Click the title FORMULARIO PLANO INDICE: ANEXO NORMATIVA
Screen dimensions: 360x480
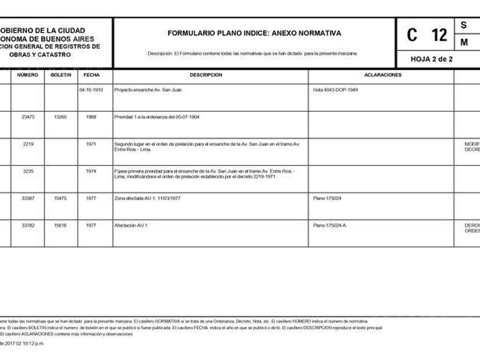pyautogui.click(x=254, y=33)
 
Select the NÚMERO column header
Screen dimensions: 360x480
pyautogui.click(x=27, y=75)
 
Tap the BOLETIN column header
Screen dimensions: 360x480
pyautogui.click(x=61, y=75)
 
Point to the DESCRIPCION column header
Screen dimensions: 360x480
pyautogui.click(x=210, y=75)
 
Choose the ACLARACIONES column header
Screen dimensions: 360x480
pyautogui.click(x=382, y=75)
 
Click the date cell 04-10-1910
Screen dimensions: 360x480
pyautogui.click(x=91, y=90)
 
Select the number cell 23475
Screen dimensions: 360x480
pyautogui.click(x=28, y=117)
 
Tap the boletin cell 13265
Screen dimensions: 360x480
pyautogui.click(x=61, y=117)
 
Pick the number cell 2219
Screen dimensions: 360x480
pyautogui.click(x=28, y=144)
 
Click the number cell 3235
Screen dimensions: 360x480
pyautogui.click(x=28, y=171)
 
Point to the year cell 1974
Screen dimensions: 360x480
pyautogui.click(x=91, y=171)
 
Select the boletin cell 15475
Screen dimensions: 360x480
pyautogui.click(x=61, y=198)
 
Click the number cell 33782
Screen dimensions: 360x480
pyautogui.click(x=28, y=226)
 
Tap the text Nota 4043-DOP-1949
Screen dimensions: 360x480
pyautogui.click(x=335, y=90)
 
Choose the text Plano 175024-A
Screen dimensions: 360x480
pyautogui.click(x=330, y=226)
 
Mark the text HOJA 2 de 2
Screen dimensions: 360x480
pyautogui.click(x=431, y=59)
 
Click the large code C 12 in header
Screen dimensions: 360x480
pyautogui.click(x=427, y=35)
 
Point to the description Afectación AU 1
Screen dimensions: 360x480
pyautogui.click(x=131, y=226)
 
